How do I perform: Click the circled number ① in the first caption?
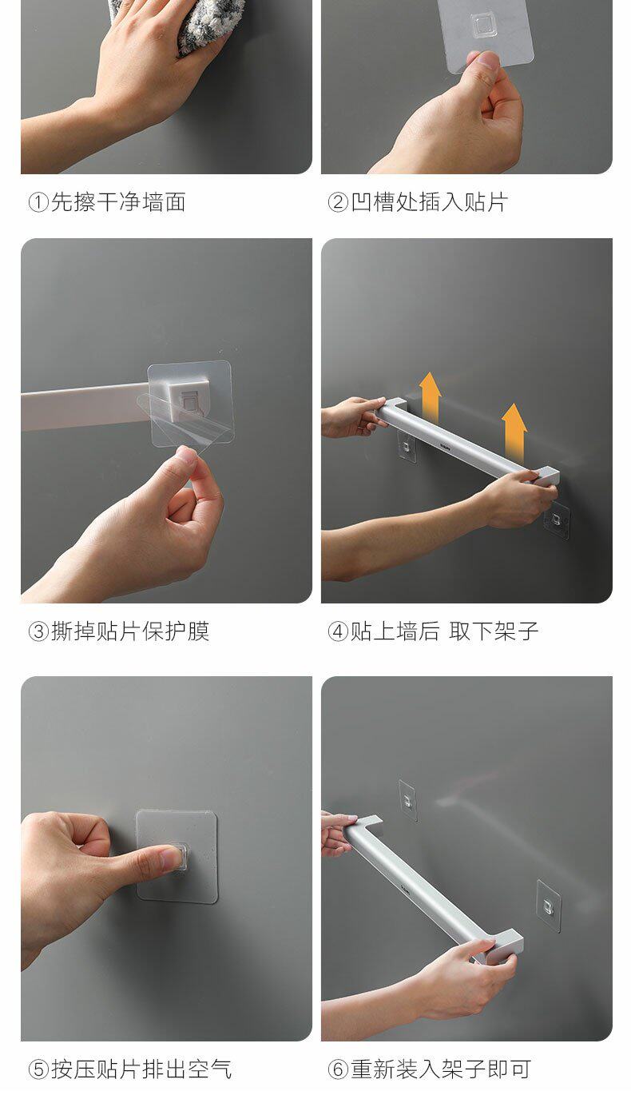[x=38, y=202]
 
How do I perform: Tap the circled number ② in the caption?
[x=338, y=202]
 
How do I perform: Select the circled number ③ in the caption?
[x=38, y=631]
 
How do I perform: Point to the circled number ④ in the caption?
[x=338, y=631]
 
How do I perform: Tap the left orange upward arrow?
[x=431, y=396]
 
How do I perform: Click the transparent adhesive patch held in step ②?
[x=486, y=30]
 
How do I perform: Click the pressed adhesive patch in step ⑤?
[x=177, y=856]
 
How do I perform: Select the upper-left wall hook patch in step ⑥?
[x=408, y=799]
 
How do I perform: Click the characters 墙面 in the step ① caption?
[x=164, y=202]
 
